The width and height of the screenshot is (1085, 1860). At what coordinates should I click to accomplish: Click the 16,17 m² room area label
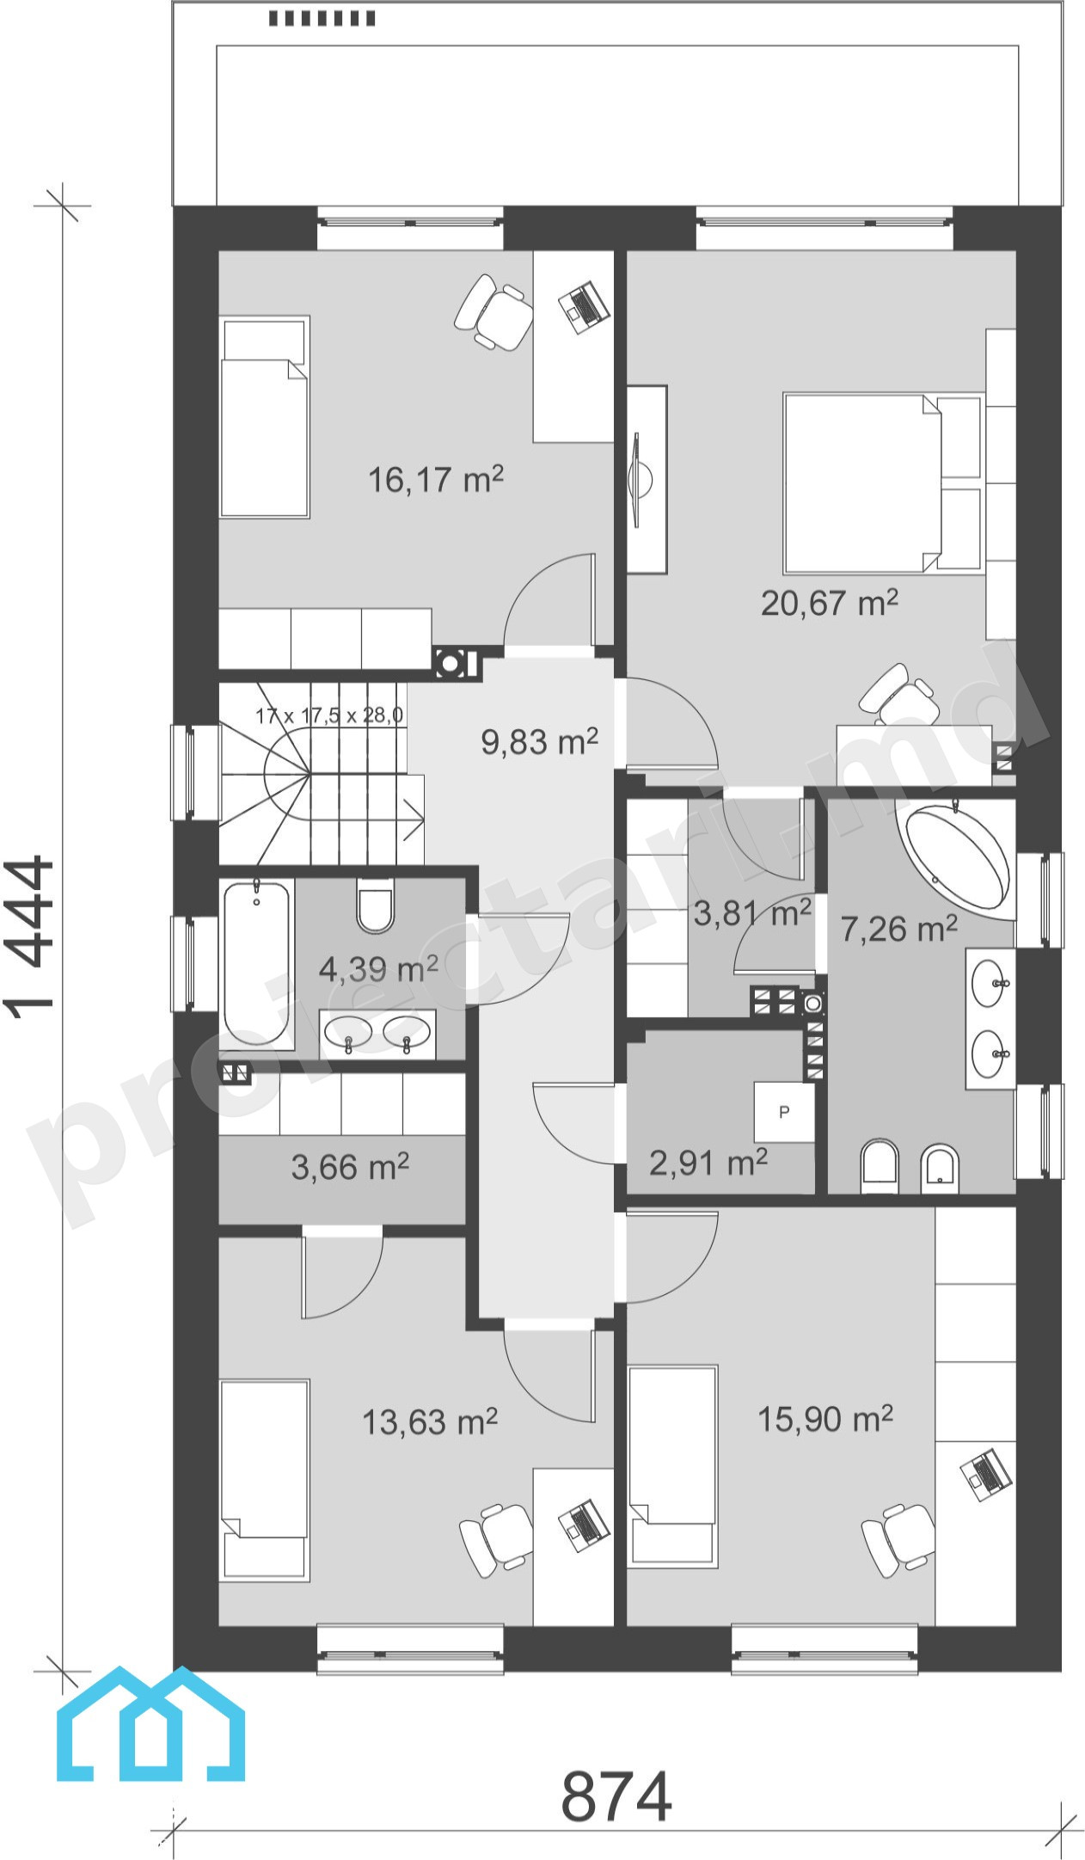coord(435,478)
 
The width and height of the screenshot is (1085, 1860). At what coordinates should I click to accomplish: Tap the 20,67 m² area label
coord(829,602)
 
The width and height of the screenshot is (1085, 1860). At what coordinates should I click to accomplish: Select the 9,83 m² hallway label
coord(539,740)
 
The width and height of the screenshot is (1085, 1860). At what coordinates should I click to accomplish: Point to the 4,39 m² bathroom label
coord(378,969)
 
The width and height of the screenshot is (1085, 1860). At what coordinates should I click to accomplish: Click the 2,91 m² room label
coord(708,1163)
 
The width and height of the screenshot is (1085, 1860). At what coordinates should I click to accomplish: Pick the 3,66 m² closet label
coord(350,1167)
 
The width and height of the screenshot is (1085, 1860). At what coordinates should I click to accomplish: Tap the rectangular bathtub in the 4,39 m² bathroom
coord(257,963)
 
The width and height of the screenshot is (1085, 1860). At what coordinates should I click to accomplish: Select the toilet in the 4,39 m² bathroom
coord(375,905)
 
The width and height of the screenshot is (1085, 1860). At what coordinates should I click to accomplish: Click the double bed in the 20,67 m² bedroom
coord(883,483)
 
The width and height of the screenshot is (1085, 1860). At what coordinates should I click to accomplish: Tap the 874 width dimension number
coord(616,1796)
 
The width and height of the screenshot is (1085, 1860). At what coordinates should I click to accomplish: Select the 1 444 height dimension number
coord(32,936)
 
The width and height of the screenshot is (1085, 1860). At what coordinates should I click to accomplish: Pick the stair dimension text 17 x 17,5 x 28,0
coord(329,715)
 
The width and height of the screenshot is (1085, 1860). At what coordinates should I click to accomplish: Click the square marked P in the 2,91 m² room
coord(784,1112)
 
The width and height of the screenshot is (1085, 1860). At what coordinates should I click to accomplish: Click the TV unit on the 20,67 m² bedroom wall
coord(647,479)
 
